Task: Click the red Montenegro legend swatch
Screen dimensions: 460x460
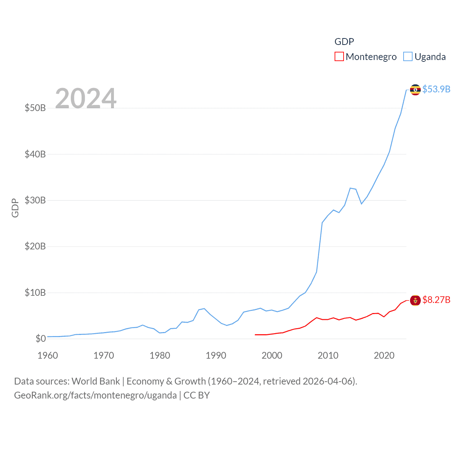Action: [x=339, y=57]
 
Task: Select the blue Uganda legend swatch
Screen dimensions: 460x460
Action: [x=408, y=57]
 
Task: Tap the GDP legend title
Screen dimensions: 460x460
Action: [x=344, y=42]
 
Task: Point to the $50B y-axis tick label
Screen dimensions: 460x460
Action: [x=35, y=108]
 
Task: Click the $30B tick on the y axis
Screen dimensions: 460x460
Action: [x=35, y=200]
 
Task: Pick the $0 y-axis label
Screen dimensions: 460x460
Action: [x=40, y=339]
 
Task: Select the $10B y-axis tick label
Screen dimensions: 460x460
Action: [x=35, y=293]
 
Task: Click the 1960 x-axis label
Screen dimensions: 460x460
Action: [x=47, y=355]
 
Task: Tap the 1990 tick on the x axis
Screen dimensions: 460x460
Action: [x=216, y=355]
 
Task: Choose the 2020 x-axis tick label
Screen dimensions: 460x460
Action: [x=384, y=355]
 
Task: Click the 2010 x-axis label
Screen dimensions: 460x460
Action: [x=328, y=355]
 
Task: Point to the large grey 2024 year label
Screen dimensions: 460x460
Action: [x=86, y=98]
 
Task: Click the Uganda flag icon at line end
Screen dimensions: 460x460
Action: [x=415, y=89]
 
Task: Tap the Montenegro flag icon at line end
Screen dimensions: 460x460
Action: [x=415, y=300]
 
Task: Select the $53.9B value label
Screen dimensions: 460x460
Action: [x=436, y=89]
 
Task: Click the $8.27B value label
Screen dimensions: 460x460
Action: [x=436, y=300]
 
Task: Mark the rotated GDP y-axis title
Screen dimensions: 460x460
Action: [x=15, y=208]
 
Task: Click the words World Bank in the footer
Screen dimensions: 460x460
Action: [x=96, y=381]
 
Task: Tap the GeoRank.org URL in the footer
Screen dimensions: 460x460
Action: [x=95, y=395]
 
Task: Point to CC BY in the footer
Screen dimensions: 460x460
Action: [x=197, y=395]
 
